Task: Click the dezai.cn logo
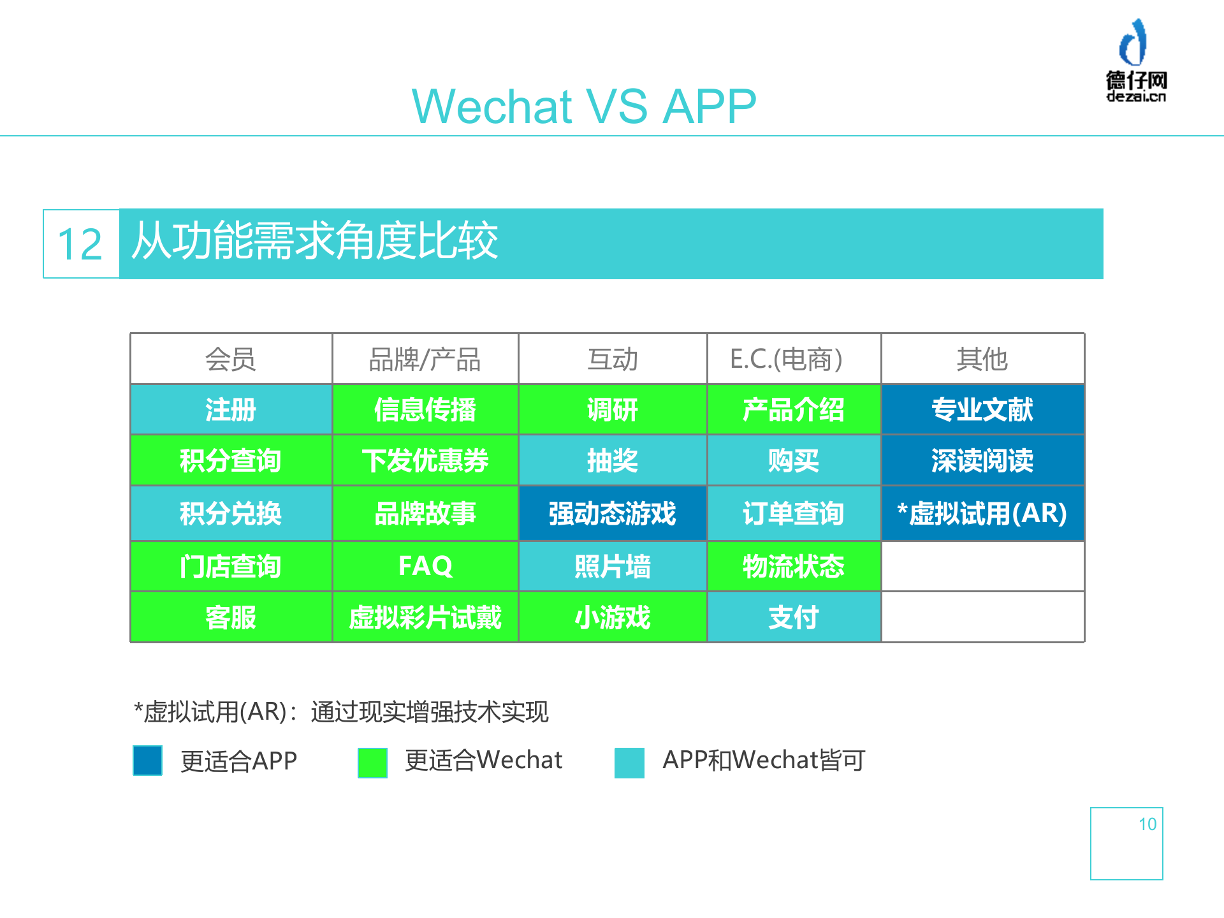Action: [x=1136, y=61]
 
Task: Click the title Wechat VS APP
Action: [x=584, y=106]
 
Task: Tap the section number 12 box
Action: [x=81, y=244]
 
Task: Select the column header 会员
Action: [x=231, y=359]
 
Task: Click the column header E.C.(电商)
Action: [x=787, y=359]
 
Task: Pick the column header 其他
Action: [x=982, y=359]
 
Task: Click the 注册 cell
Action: [x=231, y=409]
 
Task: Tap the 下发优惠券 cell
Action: [x=425, y=460]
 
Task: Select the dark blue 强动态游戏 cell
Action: [x=612, y=513]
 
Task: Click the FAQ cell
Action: [x=425, y=566]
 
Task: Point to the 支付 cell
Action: [x=794, y=617]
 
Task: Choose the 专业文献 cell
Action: [x=982, y=409]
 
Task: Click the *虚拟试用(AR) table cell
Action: [x=982, y=513]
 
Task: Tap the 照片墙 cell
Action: [x=612, y=566]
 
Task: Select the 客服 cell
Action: [x=231, y=617]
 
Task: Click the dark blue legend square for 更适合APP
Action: [x=147, y=761]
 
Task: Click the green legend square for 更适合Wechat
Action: [x=372, y=762]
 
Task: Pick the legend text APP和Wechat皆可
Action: [x=763, y=760]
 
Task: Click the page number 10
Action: [x=1147, y=824]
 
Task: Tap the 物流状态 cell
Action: [x=794, y=566]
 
